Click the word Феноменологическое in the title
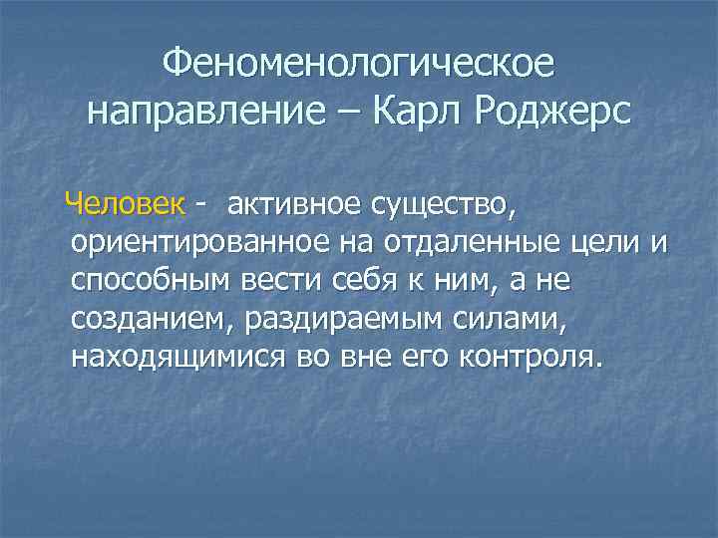click(358, 67)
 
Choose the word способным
click(150, 281)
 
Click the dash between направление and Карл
click(349, 112)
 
